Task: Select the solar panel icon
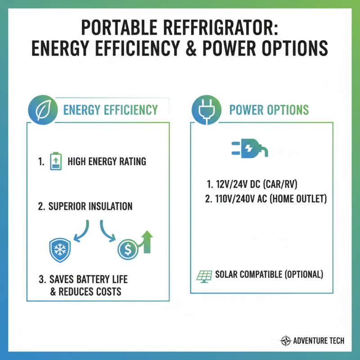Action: [x=204, y=275]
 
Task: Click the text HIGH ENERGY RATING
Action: [x=107, y=162]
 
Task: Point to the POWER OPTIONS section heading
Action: [x=269, y=110]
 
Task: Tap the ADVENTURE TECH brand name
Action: [x=318, y=341]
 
